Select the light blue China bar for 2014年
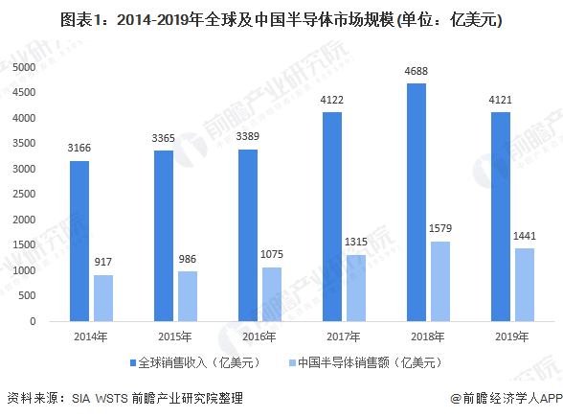click(103, 297)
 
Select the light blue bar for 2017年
click(356, 288)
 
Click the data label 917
click(103, 262)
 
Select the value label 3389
click(249, 136)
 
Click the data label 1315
click(356, 242)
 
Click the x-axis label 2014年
click(91, 337)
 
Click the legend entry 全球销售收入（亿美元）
click(194, 361)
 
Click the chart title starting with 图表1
click(281, 19)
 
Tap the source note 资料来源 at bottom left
click(124, 398)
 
